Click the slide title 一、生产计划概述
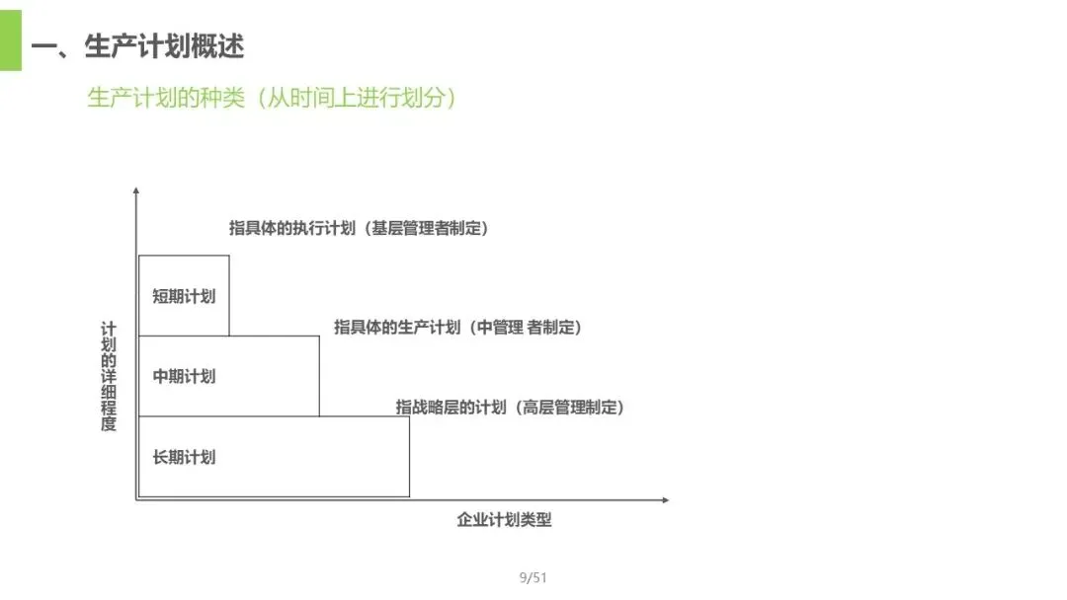tap(137, 46)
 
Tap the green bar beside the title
tap(10, 40)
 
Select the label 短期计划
tap(184, 295)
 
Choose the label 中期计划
tap(184, 376)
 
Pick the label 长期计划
tap(184, 457)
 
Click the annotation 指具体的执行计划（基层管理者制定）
tap(359, 228)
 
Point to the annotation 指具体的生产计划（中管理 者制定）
tap(457, 328)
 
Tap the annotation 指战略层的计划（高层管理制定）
tap(510, 407)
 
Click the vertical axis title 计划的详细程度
tap(109, 376)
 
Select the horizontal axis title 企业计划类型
tap(504, 520)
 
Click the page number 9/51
tap(533, 577)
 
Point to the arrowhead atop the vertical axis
tap(136, 189)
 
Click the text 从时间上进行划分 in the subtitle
tap(357, 99)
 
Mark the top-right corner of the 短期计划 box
tap(229, 256)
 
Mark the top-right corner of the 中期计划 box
tap(319, 337)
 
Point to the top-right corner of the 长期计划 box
tap(409, 416)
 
